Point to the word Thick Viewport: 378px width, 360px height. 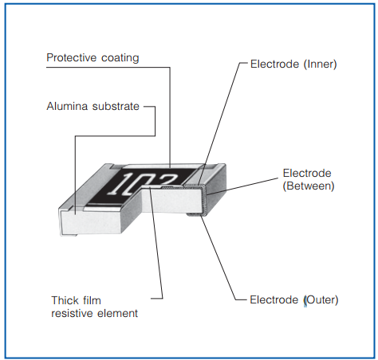63,300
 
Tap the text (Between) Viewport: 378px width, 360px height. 309,186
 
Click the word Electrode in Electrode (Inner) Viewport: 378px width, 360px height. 273,64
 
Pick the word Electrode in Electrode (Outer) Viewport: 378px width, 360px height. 273,299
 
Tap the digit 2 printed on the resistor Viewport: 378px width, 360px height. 170,180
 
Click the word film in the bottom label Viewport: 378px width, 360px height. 93,300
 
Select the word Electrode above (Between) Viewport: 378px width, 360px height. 308,173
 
